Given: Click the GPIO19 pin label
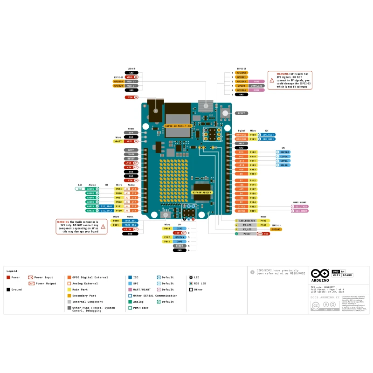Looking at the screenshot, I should (x=118, y=81).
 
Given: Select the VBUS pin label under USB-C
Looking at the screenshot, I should (x=131, y=77).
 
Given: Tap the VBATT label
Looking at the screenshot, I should (x=118, y=141).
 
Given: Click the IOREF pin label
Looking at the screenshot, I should (x=131, y=154).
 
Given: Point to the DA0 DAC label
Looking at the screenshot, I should (x=80, y=189).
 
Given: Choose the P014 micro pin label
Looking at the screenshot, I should (x=118, y=189).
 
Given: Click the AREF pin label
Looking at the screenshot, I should (x=242, y=144).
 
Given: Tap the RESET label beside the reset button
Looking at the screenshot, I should (x=242, y=113).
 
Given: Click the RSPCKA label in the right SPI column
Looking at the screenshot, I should (x=284, y=152).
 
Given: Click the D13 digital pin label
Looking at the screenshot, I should (x=242, y=152).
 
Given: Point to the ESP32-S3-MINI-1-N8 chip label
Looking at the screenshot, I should (x=176, y=126).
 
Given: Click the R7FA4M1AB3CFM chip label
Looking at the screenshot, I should (x=202, y=192).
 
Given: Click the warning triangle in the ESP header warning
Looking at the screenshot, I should (x=272, y=80).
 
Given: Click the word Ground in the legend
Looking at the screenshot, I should (x=17, y=290).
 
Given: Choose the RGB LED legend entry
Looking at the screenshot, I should (x=200, y=283).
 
